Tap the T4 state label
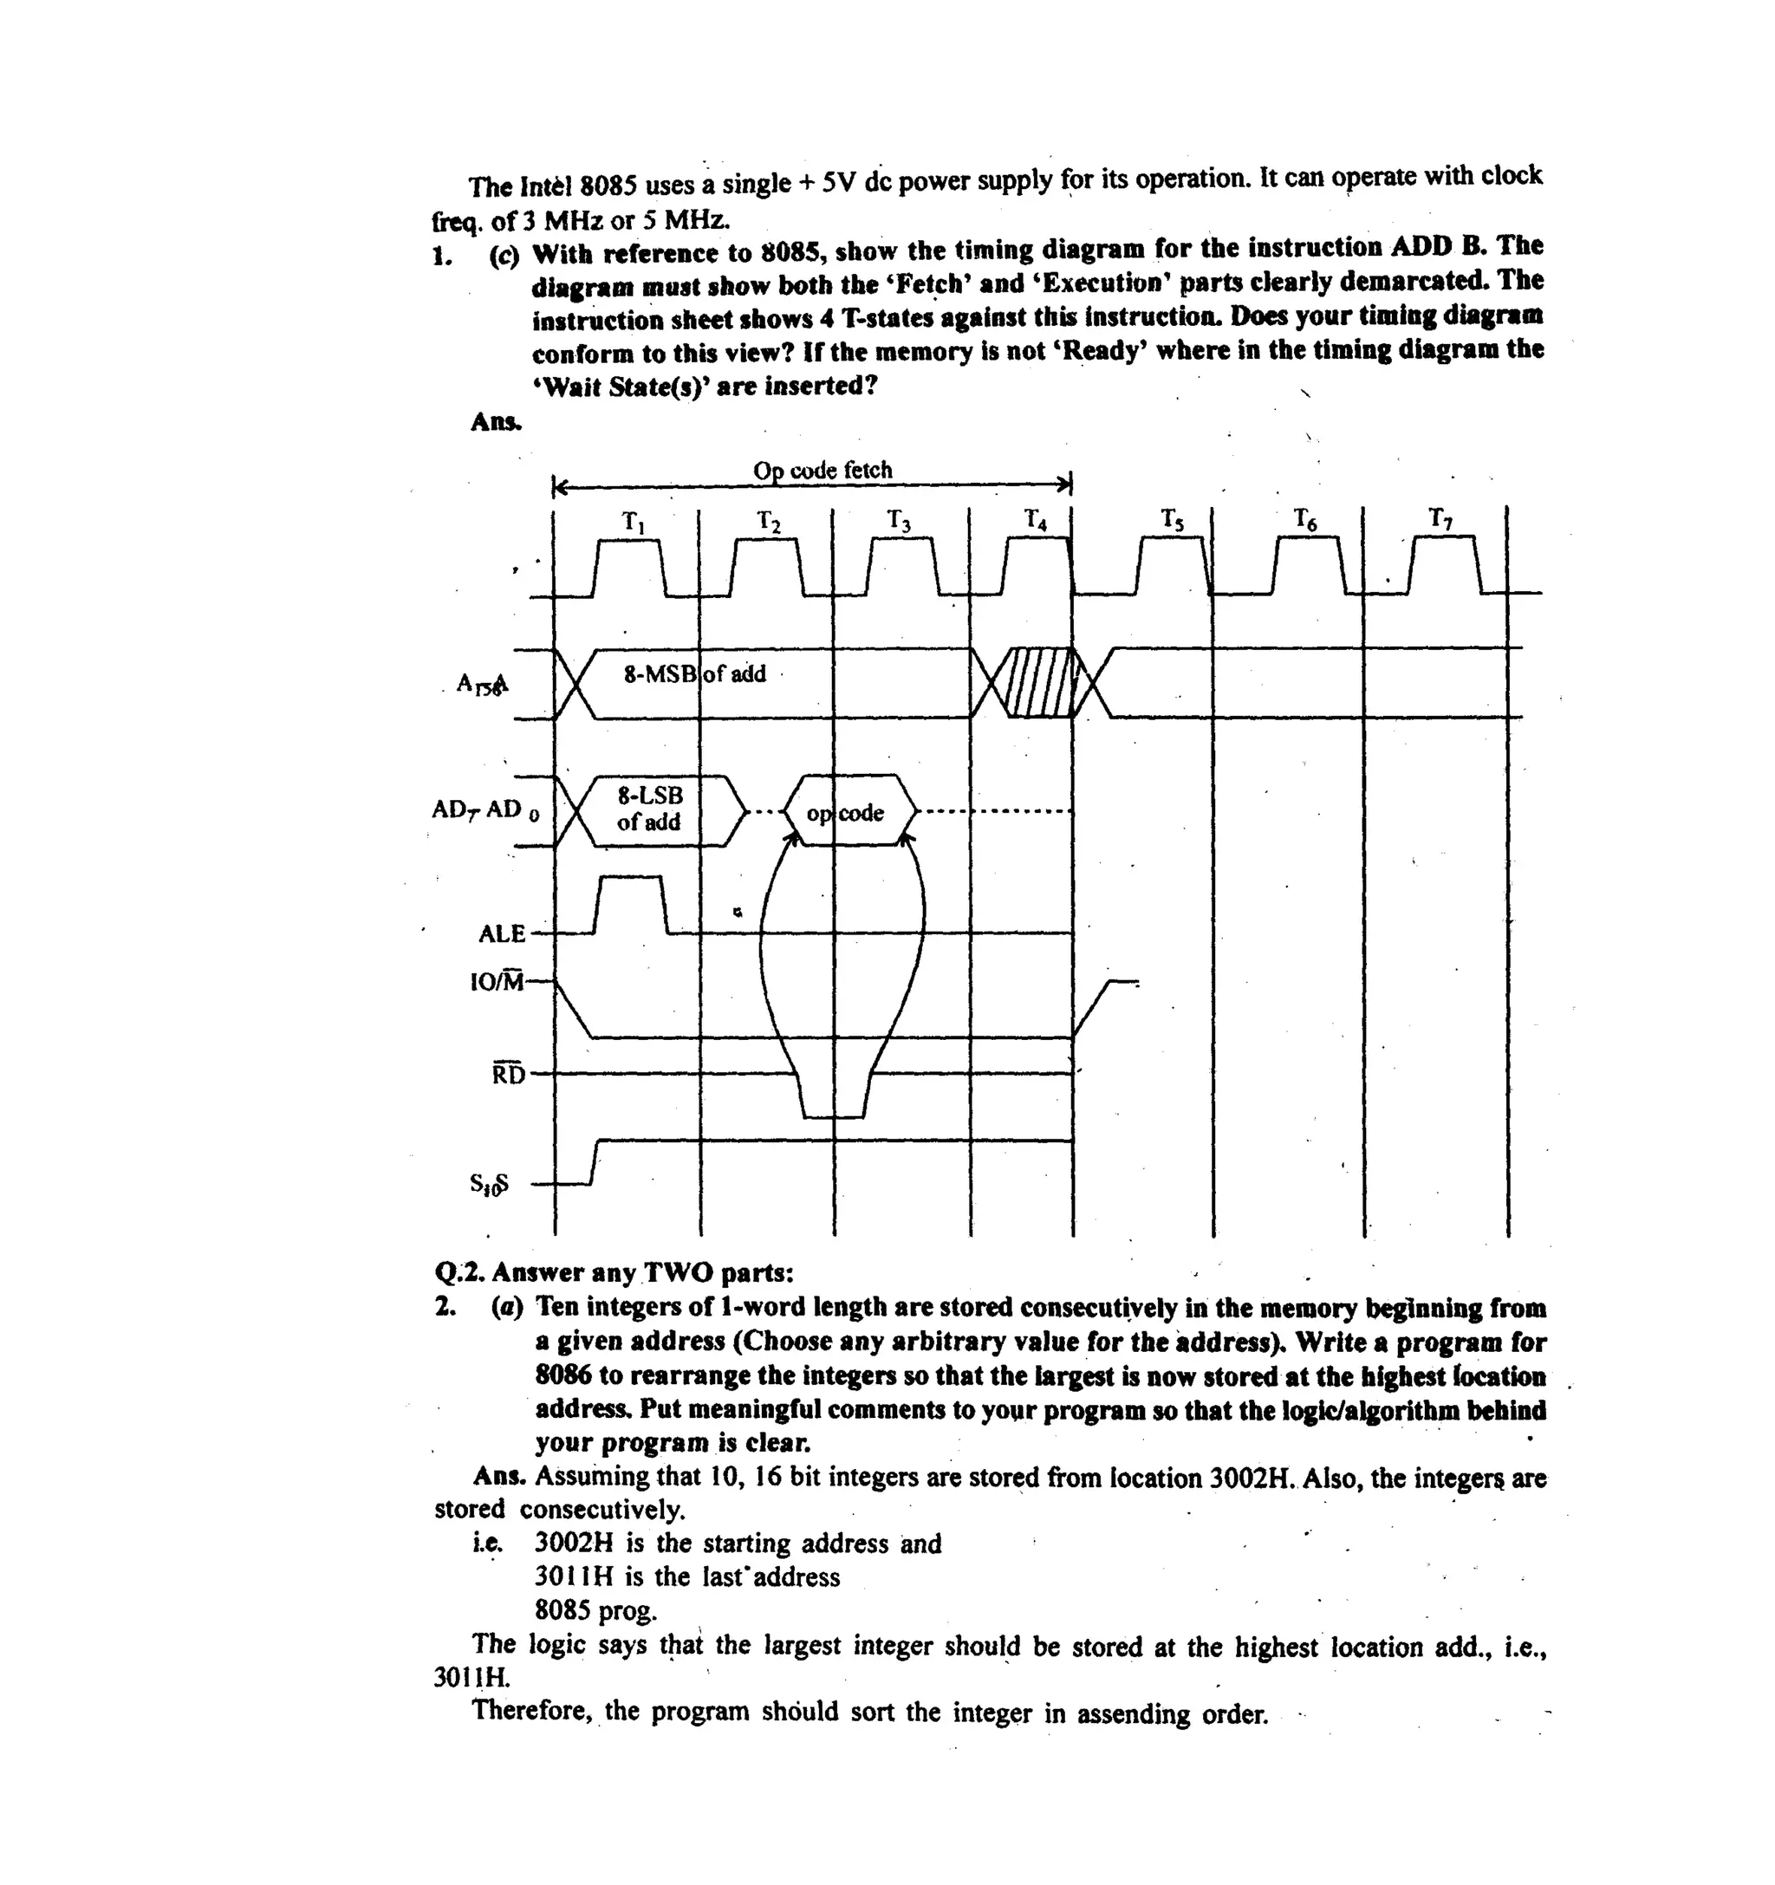(1036, 521)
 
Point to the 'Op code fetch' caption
(822, 471)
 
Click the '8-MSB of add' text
(694, 674)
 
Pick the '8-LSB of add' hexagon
(650, 809)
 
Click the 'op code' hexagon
(846, 813)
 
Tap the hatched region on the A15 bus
(1040, 683)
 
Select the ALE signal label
(502, 934)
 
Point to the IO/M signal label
(497, 981)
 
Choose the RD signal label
(508, 1075)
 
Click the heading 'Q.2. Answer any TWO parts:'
(614, 1272)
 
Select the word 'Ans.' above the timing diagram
(496, 421)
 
